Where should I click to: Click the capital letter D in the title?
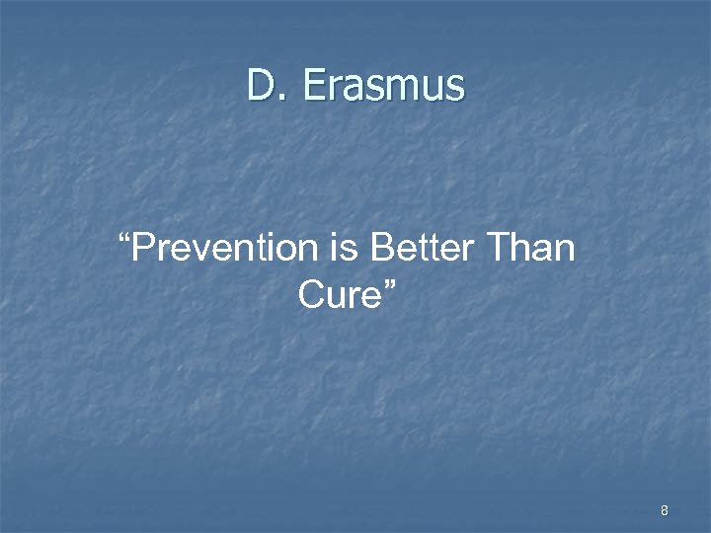tap(261, 86)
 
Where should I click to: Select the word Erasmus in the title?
tap(383, 86)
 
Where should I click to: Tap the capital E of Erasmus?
tap(315, 86)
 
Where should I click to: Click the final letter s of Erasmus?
tap(454, 90)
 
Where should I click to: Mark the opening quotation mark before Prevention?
tap(123, 237)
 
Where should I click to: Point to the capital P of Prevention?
tap(142, 248)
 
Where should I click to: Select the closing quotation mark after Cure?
tap(388, 281)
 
